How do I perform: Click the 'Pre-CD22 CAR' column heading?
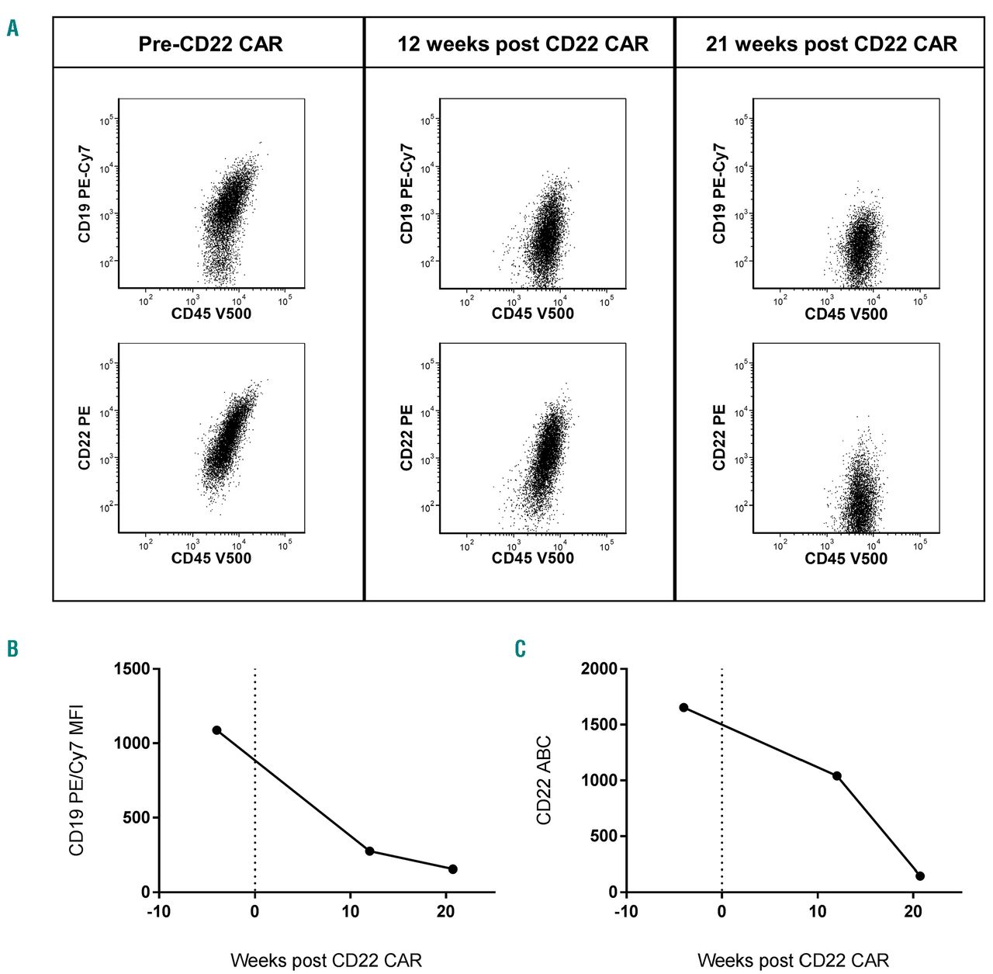[210, 44]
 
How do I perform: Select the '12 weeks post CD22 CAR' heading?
[523, 44]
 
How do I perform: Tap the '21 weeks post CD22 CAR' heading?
[832, 44]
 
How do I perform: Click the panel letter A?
[13, 29]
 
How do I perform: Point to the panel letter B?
[12, 649]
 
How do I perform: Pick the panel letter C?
[520, 649]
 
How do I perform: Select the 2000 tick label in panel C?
[600, 669]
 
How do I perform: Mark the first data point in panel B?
[216, 730]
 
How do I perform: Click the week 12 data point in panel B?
[370, 851]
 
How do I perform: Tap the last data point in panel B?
[453, 869]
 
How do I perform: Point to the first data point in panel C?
[683, 707]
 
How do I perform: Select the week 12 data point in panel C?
[837, 776]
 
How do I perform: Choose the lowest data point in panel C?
[920, 876]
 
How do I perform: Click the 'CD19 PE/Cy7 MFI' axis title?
[77, 780]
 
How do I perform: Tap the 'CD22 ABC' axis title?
[544, 780]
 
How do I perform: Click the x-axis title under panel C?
[793, 961]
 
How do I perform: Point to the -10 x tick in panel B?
[158, 912]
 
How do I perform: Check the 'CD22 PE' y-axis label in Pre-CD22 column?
[85, 438]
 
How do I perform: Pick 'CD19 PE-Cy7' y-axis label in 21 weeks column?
[719, 193]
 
